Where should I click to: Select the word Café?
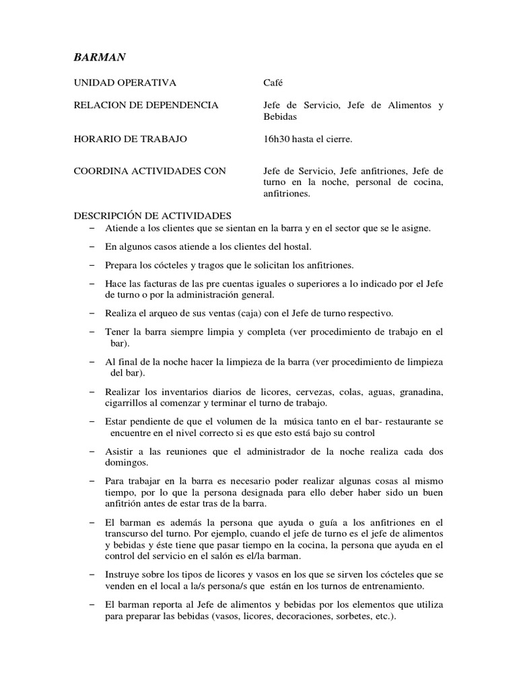(273, 83)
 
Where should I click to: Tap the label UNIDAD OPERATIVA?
(125, 83)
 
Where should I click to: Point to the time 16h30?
(276, 139)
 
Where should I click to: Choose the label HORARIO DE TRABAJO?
(130, 139)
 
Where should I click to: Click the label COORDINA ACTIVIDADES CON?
(149, 171)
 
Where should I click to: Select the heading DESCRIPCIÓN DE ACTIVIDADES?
(152, 216)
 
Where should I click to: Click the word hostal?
(297, 246)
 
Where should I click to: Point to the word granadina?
(420, 392)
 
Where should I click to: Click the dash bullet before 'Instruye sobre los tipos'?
(92, 575)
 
